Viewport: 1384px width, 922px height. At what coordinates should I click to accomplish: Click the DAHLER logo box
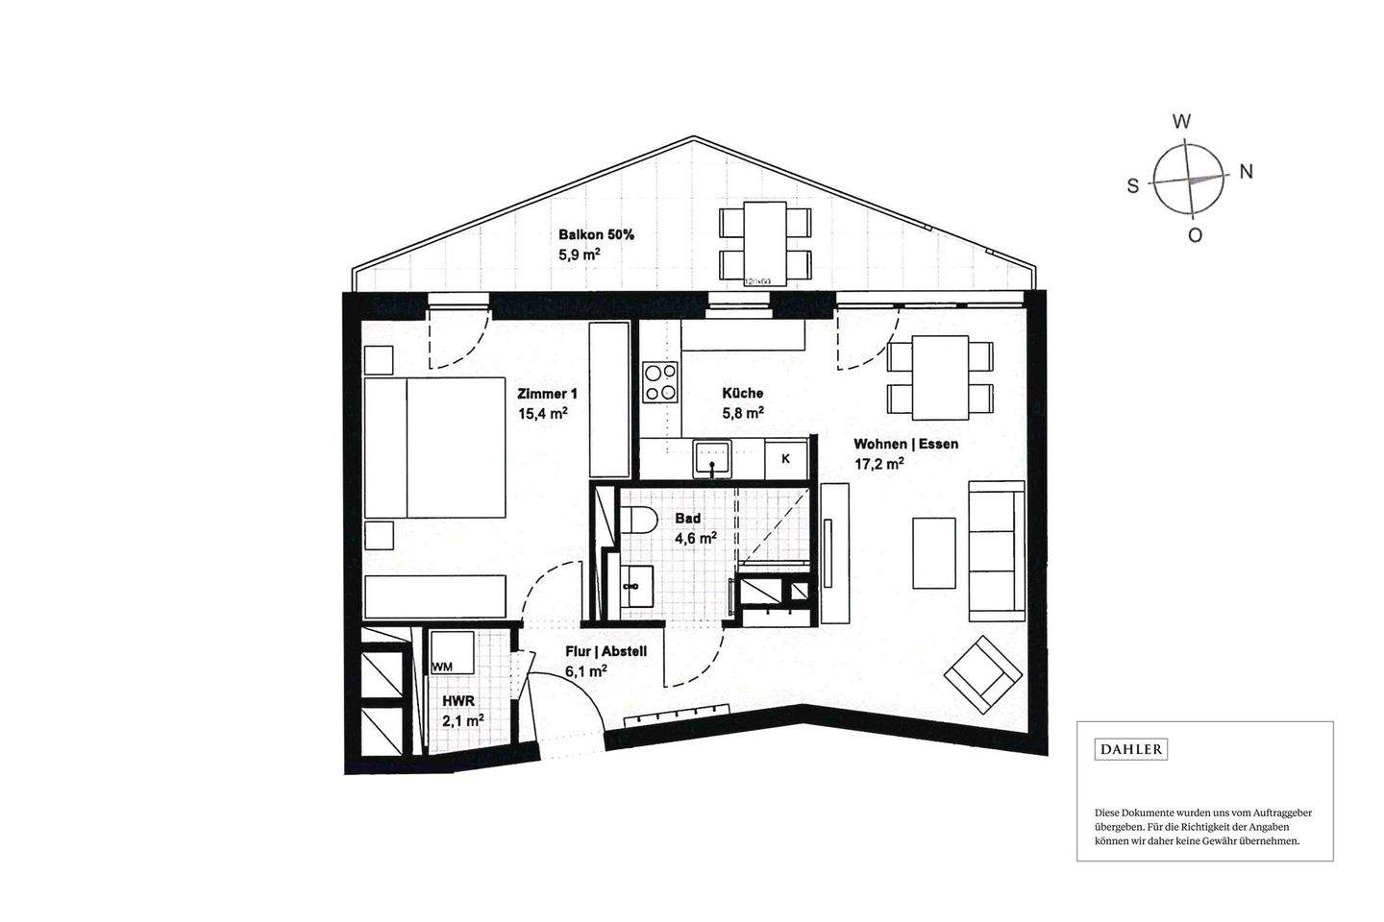pos(1131,749)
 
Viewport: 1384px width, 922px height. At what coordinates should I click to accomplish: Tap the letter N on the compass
pos(1246,172)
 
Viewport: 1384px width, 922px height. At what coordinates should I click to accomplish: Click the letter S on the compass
pos(1133,186)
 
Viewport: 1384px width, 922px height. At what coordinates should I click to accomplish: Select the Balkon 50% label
pos(596,234)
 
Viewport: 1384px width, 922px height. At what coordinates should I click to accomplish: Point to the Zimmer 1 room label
pos(547,394)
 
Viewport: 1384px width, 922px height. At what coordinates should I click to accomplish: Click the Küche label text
pos(743,393)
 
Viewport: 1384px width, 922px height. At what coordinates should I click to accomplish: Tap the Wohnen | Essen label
pos(906,444)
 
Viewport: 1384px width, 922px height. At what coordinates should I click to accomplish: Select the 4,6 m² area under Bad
pos(695,539)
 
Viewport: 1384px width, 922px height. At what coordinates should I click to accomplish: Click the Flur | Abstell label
pos(605,651)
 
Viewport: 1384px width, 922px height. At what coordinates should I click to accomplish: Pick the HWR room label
pos(457,701)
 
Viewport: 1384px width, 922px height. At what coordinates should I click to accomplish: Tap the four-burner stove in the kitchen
pos(660,382)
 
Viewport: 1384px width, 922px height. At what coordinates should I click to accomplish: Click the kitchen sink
pos(712,458)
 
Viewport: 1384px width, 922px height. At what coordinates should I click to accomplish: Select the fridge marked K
pos(785,459)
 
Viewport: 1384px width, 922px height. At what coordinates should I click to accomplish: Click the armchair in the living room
pos(982,674)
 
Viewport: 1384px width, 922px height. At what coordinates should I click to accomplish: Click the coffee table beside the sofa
pos(933,552)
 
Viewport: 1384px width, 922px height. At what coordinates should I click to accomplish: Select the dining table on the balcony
pos(766,242)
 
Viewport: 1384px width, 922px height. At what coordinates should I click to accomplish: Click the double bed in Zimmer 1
pos(435,448)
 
